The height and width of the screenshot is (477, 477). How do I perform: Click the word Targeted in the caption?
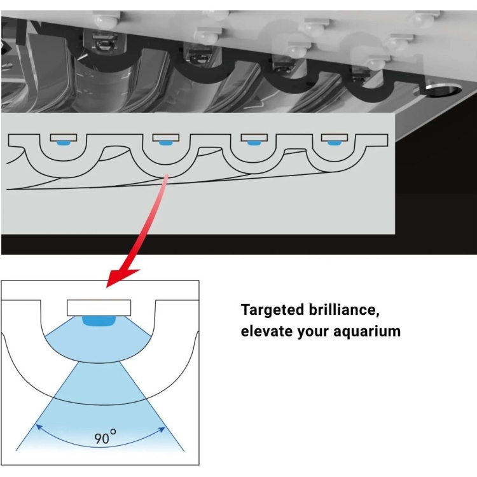point(272,310)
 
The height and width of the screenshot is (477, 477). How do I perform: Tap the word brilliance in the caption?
point(344,310)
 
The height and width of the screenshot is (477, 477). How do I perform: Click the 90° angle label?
point(105,436)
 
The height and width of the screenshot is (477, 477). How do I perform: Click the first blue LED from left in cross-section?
point(64,142)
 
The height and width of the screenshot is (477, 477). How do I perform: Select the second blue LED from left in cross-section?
point(165,142)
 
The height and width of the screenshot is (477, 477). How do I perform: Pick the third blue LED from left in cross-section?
point(253,142)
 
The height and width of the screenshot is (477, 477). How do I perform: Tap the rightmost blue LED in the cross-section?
point(334,142)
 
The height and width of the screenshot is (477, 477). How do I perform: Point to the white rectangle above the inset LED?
point(99,308)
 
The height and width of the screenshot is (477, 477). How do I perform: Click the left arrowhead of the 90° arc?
point(39,427)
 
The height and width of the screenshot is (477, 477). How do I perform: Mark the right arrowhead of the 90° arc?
point(162,429)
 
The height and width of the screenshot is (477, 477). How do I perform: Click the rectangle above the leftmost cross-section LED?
point(64,137)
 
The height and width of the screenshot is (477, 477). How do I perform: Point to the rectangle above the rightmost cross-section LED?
point(335,137)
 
